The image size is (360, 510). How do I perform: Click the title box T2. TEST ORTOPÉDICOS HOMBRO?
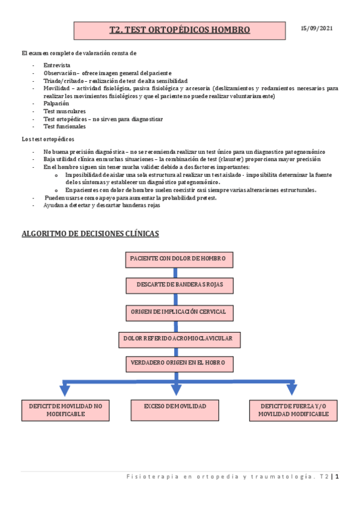(x=180, y=29)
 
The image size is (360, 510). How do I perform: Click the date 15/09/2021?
(x=317, y=29)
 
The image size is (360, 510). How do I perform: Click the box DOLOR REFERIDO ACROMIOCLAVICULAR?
(x=178, y=339)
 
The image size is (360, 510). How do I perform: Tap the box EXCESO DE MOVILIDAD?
(x=175, y=407)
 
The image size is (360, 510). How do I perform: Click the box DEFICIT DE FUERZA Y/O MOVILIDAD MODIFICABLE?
(x=293, y=410)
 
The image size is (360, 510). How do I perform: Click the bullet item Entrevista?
(x=56, y=65)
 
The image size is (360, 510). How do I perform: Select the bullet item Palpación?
(x=56, y=103)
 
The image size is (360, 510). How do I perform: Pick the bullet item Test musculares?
(x=64, y=111)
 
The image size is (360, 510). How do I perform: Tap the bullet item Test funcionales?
(x=64, y=127)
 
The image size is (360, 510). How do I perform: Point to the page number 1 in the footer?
(x=338, y=477)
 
